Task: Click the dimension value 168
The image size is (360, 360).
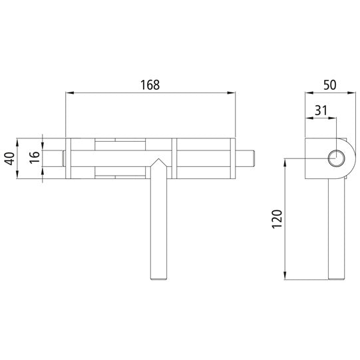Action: [150, 85]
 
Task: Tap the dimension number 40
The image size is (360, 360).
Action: [9, 158]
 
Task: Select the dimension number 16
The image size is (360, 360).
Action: [34, 158]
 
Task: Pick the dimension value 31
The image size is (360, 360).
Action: [320, 110]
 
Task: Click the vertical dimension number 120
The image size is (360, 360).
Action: [278, 219]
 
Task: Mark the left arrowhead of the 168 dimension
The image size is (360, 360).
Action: [68, 94]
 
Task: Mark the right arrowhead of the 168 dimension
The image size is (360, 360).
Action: [234, 94]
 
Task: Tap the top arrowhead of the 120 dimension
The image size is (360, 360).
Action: [287, 162]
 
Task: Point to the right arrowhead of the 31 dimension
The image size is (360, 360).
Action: [334, 119]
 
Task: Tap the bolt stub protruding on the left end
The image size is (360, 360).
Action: [63, 158]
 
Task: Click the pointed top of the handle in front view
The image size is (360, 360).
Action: [157, 160]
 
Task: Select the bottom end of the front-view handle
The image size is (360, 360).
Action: [157, 277]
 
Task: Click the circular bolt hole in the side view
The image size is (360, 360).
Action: [337, 158]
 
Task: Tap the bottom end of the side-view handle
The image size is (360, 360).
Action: [337, 277]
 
